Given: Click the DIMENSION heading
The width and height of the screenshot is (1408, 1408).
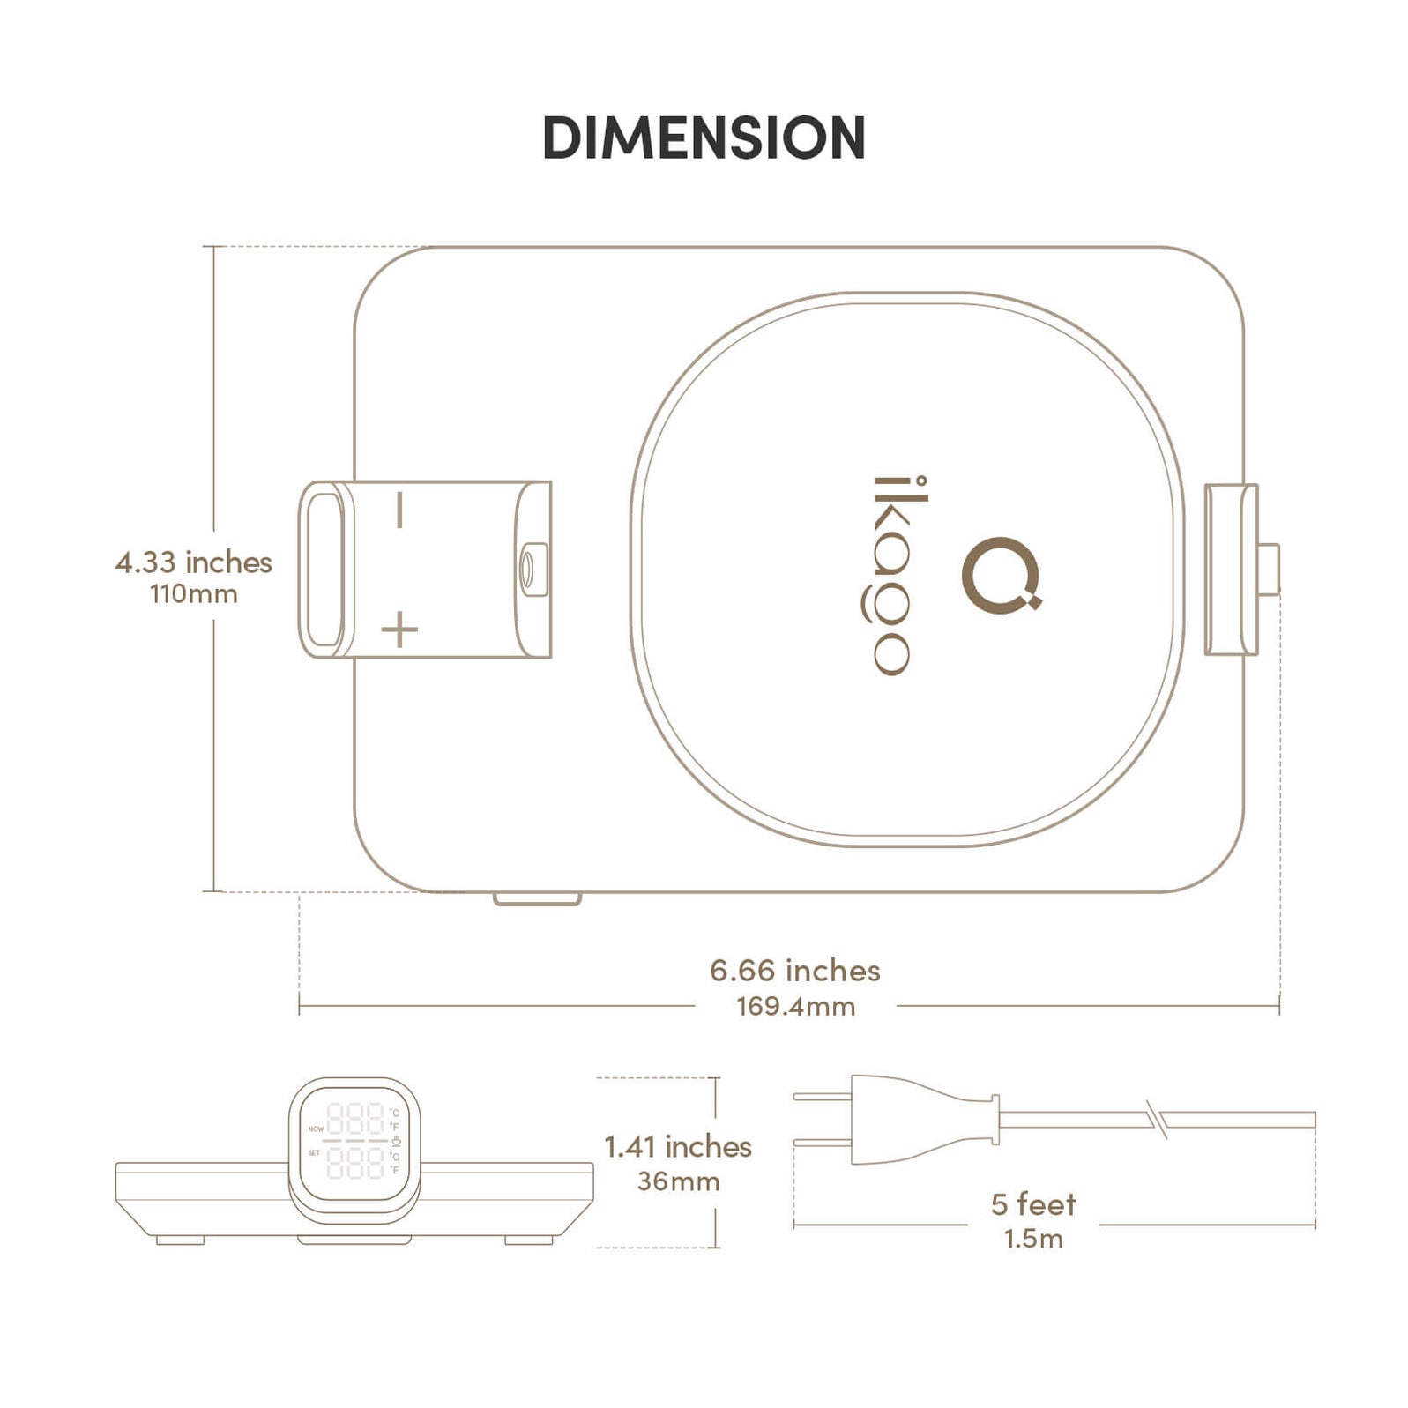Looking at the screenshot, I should [704, 138].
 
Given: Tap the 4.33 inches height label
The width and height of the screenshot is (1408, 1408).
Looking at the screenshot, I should [193, 562].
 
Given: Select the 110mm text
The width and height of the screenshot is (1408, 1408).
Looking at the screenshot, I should [193, 593].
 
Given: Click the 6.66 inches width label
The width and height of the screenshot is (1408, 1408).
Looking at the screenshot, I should [794, 970].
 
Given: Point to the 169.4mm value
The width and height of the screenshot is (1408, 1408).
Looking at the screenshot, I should [795, 1006].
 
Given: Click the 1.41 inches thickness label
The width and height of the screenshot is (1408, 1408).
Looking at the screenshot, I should [677, 1146].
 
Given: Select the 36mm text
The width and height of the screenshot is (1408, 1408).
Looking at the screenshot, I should [678, 1181].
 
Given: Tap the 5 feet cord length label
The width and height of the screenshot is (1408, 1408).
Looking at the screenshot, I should [1033, 1203].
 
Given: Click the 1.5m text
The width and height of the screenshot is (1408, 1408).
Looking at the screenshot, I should [1033, 1239].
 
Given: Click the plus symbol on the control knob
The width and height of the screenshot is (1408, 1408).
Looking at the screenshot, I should [399, 630].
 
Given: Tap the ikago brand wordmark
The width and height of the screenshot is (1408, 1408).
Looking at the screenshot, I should [890, 576].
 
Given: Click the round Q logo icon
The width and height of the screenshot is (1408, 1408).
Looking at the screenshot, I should [1001, 575].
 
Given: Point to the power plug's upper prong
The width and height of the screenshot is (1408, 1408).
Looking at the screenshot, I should [822, 1097].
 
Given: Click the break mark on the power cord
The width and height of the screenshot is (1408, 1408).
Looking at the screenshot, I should [1158, 1119].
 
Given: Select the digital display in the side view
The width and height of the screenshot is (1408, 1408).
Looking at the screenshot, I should [354, 1141].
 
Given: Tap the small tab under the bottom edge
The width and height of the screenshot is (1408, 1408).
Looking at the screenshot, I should [537, 898].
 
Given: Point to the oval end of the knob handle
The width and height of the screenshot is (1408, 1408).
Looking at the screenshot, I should [323, 570].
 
